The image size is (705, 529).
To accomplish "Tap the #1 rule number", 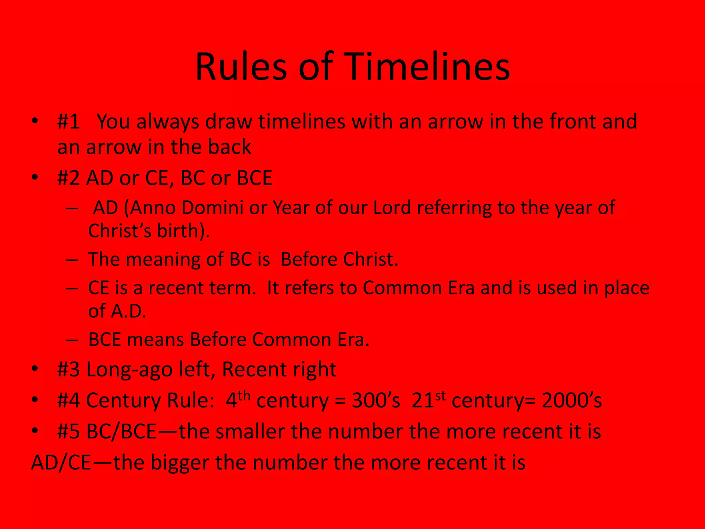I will pyautogui.click(x=69, y=122).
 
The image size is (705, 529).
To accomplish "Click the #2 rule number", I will pyautogui.click(x=69, y=178).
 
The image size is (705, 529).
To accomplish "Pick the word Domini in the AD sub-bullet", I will pyautogui.click(x=212, y=208).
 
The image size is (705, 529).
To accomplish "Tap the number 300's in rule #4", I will pyautogui.click(x=376, y=401).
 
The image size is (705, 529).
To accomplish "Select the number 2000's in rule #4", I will pyautogui.click(x=571, y=401).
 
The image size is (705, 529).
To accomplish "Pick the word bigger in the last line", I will pyautogui.click(x=180, y=463).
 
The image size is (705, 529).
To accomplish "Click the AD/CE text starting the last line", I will pyautogui.click(x=61, y=463).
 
